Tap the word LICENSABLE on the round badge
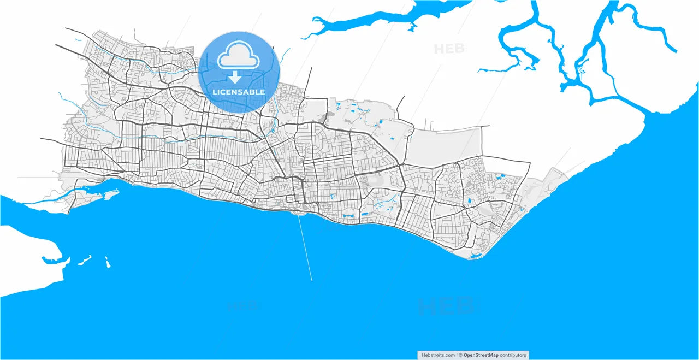[x=239, y=92]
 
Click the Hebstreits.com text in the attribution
[x=439, y=355]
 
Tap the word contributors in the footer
[x=514, y=355]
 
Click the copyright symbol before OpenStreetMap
[x=460, y=355]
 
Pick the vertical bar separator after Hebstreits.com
[x=457, y=355]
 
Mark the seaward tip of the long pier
[x=312, y=281]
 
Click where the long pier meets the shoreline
[x=299, y=214]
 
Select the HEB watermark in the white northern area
[x=449, y=49]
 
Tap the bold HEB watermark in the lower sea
[x=445, y=306]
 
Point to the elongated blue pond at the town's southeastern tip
[x=475, y=255]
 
